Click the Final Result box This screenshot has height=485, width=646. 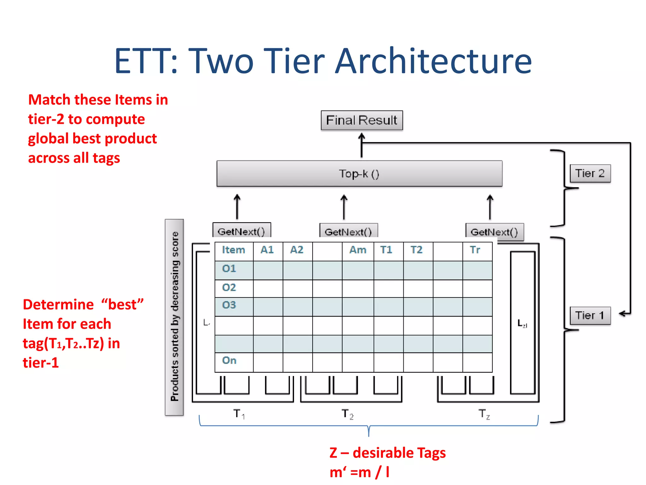361,120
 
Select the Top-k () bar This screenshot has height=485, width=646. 359,174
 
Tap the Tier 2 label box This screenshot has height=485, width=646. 590,173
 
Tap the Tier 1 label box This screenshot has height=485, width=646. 590,315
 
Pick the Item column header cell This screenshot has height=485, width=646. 234,250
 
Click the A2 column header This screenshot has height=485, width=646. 297,250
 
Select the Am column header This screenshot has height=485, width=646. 358,250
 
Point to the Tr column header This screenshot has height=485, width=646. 475,250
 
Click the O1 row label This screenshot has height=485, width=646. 229,269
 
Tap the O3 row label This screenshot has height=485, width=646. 229,305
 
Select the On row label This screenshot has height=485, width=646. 229,361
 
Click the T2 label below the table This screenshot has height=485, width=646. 347,414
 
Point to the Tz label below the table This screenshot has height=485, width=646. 484,414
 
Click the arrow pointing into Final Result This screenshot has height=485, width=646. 361,145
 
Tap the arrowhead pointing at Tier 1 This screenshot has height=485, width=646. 622,314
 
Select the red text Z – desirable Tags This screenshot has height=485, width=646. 387,453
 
